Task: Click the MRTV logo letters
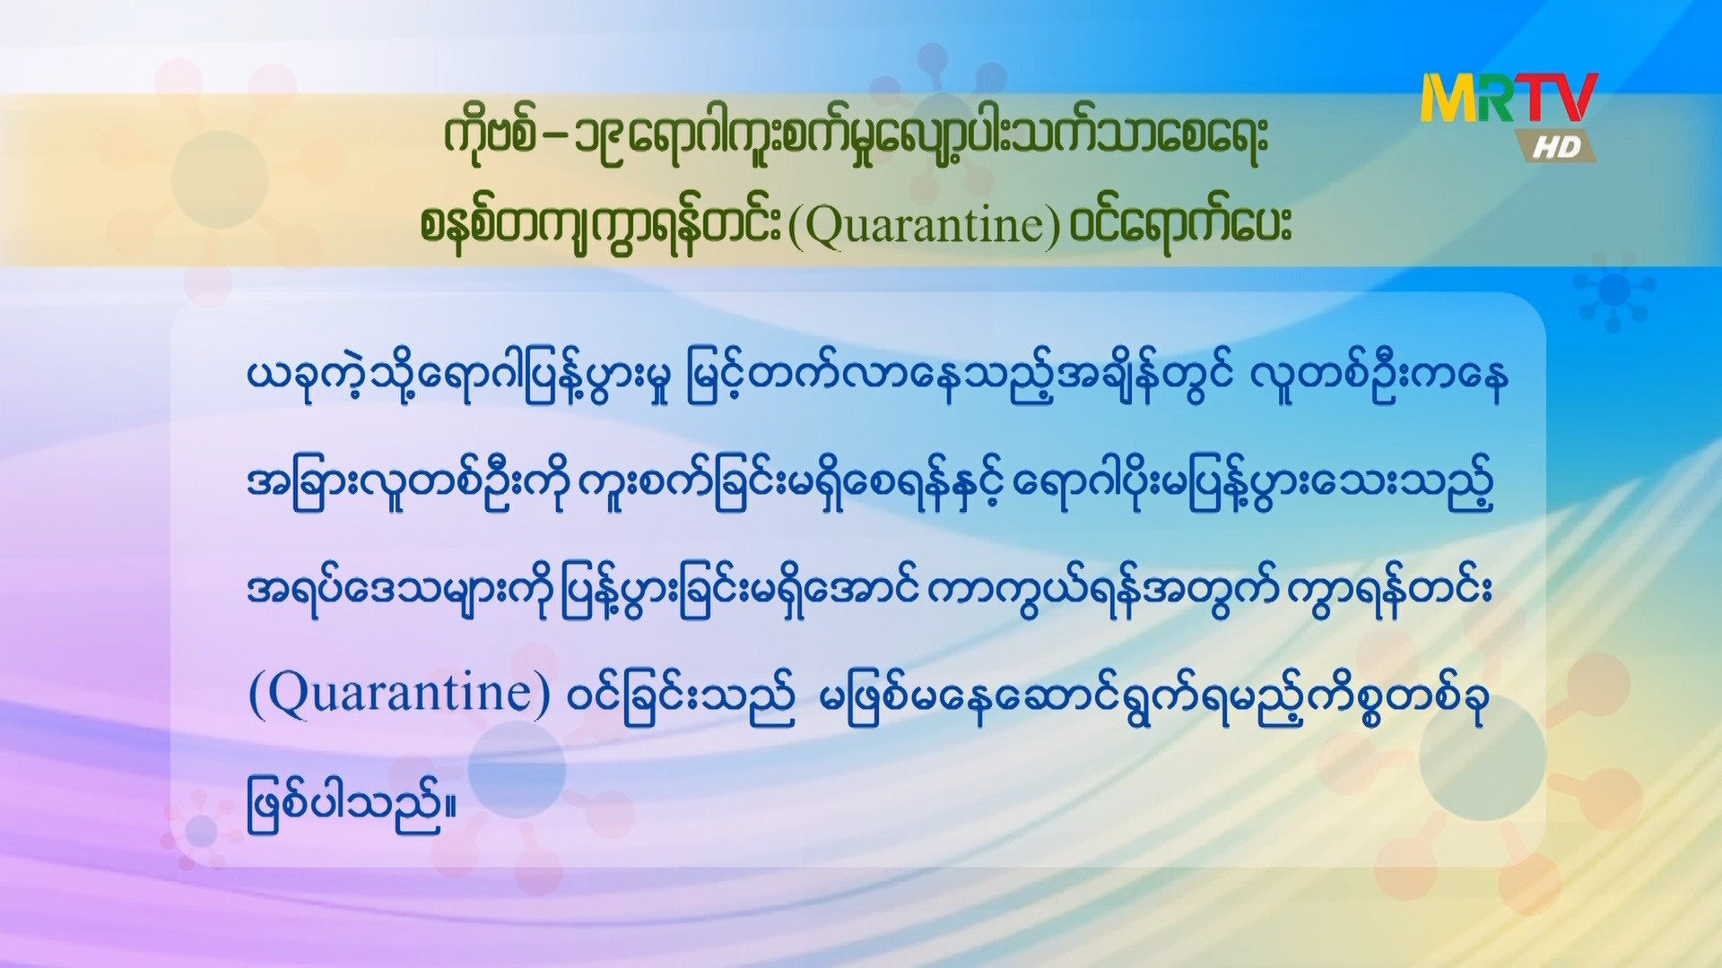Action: pos(1509,99)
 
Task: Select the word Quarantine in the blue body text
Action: pos(399,694)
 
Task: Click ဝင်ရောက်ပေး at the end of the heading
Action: pos(1180,224)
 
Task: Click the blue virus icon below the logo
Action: pos(1613,290)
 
